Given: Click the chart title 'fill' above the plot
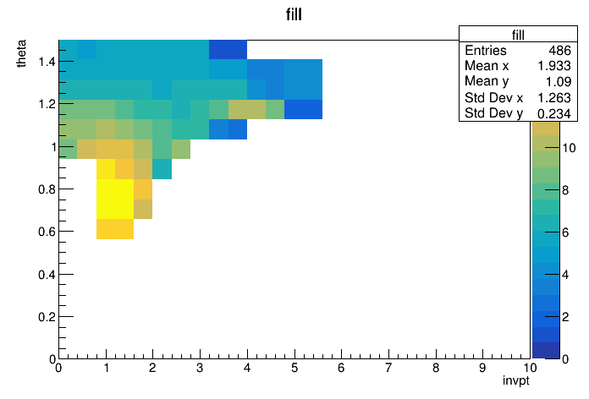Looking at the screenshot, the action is click(x=294, y=14).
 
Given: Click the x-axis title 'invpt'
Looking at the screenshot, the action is click(x=515, y=380).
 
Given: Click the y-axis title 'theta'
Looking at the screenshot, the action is click(x=21, y=53).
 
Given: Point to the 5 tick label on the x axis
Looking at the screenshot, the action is click(x=294, y=368).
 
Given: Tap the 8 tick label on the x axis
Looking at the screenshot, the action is click(x=436, y=368).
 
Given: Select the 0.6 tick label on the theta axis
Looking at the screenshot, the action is click(x=47, y=232).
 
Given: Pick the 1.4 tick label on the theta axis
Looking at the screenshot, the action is click(x=47, y=62).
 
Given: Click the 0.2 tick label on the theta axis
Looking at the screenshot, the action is click(x=47, y=317).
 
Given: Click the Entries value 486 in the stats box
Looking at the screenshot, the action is click(x=559, y=50).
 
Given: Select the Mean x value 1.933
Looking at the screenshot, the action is click(x=554, y=66).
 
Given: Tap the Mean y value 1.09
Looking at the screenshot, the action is click(x=559, y=81).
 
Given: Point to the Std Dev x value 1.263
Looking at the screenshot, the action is click(x=554, y=97).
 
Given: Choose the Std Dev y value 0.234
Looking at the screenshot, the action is click(x=554, y=113).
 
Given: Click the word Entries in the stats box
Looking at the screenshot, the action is click(x=485, y=50).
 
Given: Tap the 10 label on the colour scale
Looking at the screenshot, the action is click(x=569, y=148).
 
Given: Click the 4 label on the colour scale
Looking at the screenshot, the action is click(x=565, y=275).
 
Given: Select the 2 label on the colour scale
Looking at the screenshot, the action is click(x=565, y=317).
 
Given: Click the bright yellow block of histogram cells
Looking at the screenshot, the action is click(x=115, y=199).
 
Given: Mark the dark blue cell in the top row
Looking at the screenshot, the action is click(x=228, y=50).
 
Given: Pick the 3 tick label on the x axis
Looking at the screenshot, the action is click(x=200, y=368).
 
